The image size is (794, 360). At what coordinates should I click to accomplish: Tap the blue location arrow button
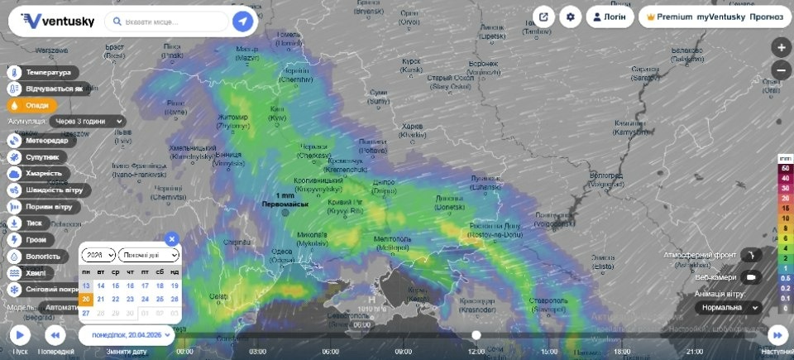pyautogui.click(x=242, y=21)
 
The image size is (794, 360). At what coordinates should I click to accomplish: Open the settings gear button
pyautogui.click(x=571, y=17)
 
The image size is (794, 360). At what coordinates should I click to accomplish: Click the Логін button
pyautogui.click(x=610, y=17)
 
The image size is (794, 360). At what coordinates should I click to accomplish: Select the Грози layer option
pyautogui.click(x=34, y=239)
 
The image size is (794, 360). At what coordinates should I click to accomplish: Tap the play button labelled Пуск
pyautogui.click(x=20, y=334)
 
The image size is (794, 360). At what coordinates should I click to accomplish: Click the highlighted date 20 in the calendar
pyautogui.click(x=86, y=299)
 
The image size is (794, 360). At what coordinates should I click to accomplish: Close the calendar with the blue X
pyautogui.click(x=172, y=238)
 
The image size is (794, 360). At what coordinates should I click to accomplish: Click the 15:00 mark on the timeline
pyautogui.click(x=548, y=351)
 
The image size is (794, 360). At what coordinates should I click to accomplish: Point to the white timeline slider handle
pyautogui.click(x=476, y=334)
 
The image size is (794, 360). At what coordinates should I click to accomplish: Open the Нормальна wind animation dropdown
pyautogui.click(x=727, y=307)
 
